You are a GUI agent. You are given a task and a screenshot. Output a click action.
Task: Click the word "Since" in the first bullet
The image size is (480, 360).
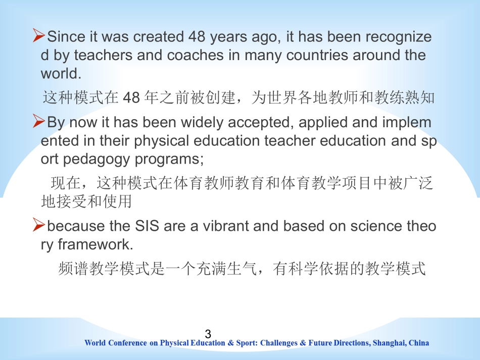(65, 37)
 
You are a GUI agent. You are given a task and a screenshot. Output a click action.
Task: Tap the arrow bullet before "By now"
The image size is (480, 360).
(39, 121)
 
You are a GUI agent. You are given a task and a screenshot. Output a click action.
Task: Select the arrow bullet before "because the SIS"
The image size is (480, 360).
(39, 225)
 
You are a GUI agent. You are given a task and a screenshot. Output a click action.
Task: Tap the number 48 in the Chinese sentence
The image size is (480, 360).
(131, 98)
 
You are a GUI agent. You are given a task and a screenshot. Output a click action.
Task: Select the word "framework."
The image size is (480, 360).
(95, 244)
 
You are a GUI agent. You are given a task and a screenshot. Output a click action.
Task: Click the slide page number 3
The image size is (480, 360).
(208, 334)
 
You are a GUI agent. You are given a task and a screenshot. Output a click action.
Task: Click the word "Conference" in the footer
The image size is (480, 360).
(128, 343)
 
